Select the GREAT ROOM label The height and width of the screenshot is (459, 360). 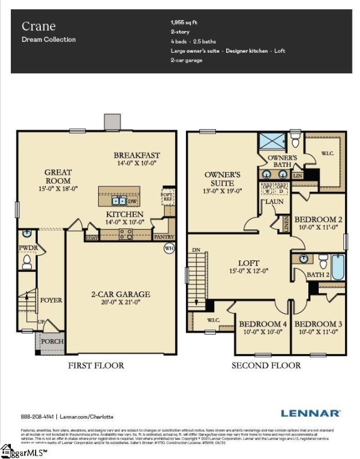[58, 176]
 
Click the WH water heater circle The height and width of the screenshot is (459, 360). [169, 248]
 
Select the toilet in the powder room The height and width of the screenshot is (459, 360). [26, 262]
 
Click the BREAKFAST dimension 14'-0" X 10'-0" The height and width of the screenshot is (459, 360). [136, 164]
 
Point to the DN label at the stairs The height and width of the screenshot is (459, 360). [196, 250]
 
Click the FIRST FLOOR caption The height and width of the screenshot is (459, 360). [96, 365]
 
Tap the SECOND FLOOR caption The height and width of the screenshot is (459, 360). [266, 365]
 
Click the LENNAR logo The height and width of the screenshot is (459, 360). [310, 413]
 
